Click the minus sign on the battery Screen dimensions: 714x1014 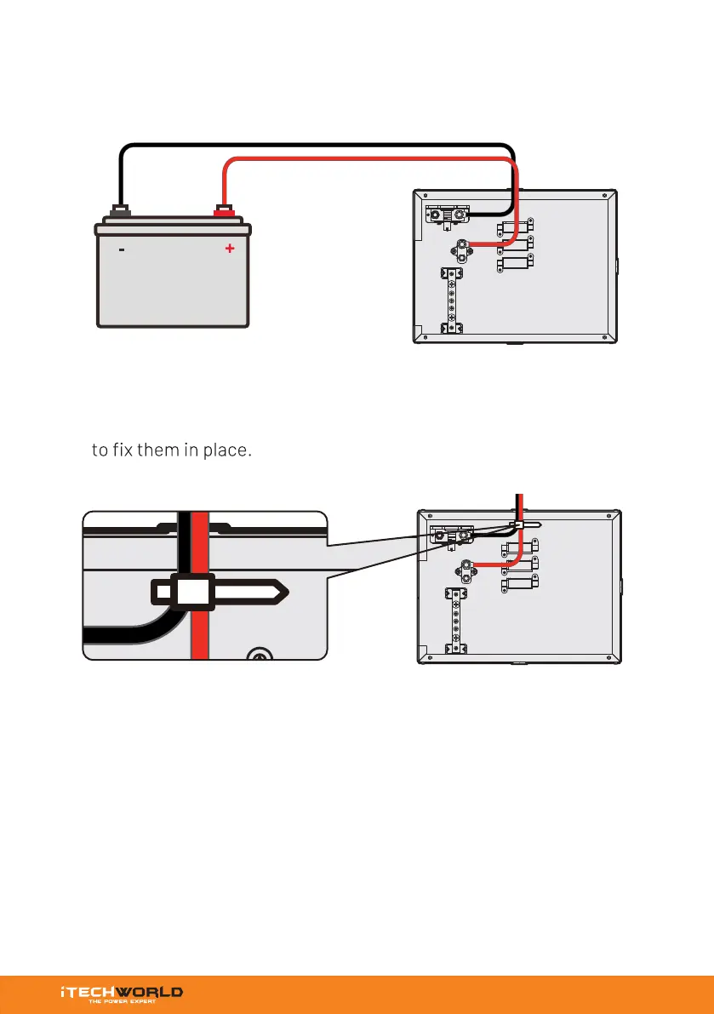click(122, 250)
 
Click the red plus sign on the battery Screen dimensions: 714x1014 click(229, 249)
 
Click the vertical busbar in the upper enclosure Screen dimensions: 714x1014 click(448, 300)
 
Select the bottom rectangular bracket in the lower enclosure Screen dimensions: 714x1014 click(521, 585)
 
